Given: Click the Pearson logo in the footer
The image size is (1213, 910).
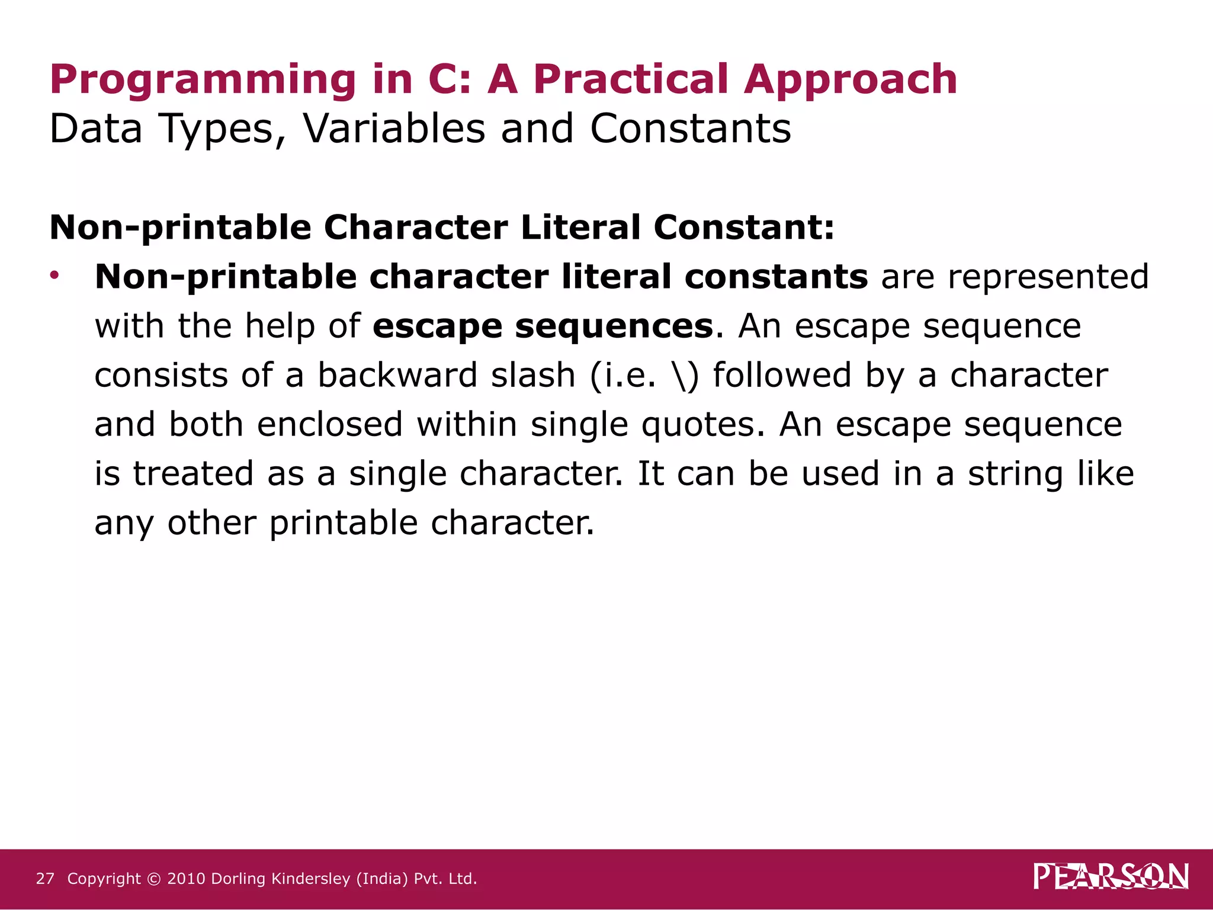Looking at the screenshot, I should click(x=1111, y=876).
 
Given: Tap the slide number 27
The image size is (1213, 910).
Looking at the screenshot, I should click(x=45, y=879).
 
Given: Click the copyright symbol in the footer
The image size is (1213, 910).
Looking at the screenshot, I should click(x=154, y=879).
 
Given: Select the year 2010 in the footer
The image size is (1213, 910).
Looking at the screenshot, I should click(x=186, y=879).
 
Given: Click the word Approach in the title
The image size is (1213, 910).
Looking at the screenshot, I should click(x=851, y=79).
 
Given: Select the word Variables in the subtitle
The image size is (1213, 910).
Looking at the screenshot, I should click(x=394, y=129).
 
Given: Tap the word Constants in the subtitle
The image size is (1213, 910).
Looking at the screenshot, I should click(x=690, y=129).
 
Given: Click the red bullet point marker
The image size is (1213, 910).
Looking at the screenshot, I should click(x=54, y=275).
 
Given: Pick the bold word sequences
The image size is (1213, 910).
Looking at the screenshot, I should click(x=614, y=326).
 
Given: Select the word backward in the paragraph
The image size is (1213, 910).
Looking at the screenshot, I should click(x=397, y=376).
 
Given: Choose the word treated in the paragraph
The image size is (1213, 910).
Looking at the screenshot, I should click(x=193, y=474).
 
